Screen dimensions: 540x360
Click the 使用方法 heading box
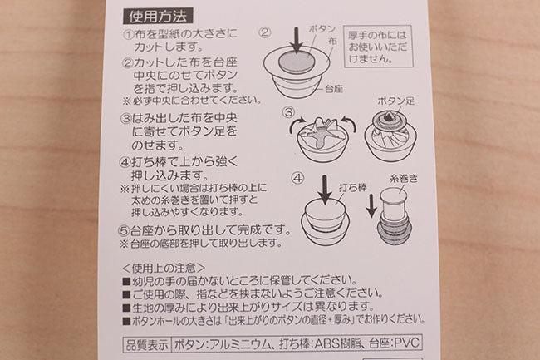(158, 16)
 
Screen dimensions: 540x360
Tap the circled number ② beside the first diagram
(265, 32)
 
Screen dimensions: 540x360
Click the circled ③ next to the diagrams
(288, 112)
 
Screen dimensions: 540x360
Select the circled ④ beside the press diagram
(297, 178)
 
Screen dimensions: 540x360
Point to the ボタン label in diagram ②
(322, 28)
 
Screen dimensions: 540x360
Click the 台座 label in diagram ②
(334, 89)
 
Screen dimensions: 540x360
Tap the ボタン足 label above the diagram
(395, 101)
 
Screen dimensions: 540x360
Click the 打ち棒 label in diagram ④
(352, 187)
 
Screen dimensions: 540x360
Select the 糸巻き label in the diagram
(403, 179)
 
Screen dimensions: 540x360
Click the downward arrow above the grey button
(297, 41)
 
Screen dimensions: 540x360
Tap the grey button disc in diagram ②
(297, 62)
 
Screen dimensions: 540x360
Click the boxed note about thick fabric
(378, 47)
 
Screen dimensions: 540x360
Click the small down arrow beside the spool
(371, 205)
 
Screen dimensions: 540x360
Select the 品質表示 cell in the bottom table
(147, 344)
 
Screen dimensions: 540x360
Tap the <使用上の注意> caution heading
(164, 268)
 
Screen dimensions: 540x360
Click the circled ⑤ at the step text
(124, 230)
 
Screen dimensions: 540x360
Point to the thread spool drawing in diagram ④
(394, 216)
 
